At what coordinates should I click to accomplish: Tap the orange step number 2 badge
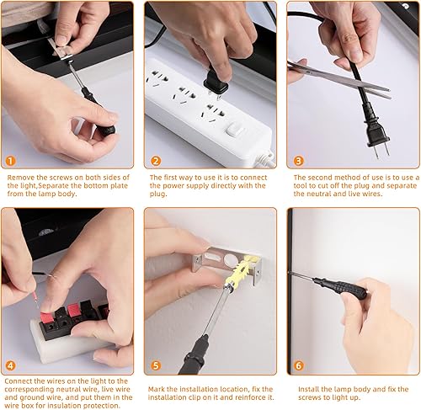155,160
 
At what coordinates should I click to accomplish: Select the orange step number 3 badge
298,160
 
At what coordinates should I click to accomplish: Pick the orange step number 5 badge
155,366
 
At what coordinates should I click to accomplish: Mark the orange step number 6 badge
298,366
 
